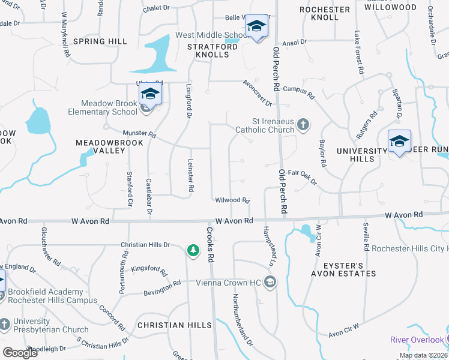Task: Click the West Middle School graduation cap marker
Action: (256, 26)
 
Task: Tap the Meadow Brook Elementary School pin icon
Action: (150, 94)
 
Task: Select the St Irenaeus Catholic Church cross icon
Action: (304, 125)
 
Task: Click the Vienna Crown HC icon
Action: (270, 282)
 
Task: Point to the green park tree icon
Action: (193, 250)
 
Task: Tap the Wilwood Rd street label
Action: (232, 200)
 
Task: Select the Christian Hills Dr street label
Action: (146, 245)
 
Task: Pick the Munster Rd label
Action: (139, 134)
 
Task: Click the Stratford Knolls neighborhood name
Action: (208, 50)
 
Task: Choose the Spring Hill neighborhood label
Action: (100, 41)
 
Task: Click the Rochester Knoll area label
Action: (324, 14)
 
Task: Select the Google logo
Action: (20, 353)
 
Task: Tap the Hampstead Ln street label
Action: (267, 247)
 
